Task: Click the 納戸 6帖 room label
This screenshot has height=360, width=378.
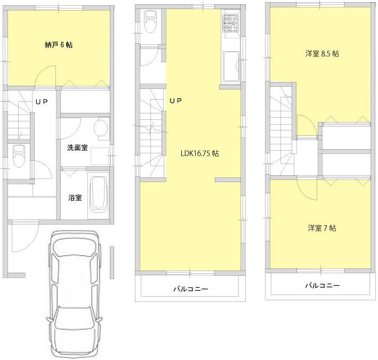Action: point(59,45)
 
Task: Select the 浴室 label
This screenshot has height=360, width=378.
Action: point(75,198)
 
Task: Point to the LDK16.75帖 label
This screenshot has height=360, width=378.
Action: point(199,153)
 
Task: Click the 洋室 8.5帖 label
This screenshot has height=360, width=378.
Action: point(323,54)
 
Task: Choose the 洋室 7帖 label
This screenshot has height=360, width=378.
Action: point(321,228)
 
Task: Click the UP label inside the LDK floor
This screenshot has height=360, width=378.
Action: point(176,100)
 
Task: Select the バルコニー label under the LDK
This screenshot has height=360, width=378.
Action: point(190,289)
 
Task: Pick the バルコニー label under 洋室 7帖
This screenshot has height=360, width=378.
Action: point(322,285)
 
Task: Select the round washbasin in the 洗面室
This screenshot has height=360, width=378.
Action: point(100,128)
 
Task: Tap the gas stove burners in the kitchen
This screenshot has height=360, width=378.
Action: point(230,22)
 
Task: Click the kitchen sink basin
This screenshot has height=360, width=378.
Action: point(231,67)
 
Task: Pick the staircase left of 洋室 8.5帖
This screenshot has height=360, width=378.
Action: point(282,130)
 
